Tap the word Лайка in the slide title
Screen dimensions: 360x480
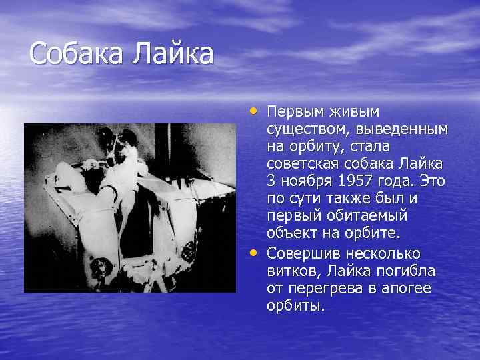[174, 53]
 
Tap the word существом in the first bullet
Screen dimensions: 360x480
[304, 128]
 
